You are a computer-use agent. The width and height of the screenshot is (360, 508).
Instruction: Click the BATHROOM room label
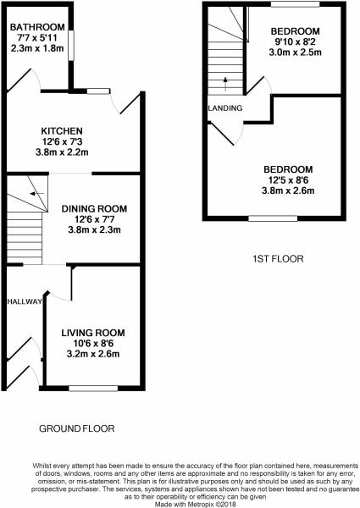coord(37,27)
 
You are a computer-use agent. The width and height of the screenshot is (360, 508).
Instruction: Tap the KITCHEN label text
coord(62,131)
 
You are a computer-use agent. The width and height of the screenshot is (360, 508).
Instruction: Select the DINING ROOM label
coord(94,208)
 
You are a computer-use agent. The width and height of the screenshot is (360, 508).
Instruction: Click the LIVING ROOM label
coord(93,333)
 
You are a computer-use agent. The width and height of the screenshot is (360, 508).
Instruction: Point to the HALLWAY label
coord(25,301)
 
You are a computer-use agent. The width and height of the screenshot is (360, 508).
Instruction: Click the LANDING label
coord(225,108)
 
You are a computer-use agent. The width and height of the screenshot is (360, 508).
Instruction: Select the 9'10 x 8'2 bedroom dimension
coord(295,41)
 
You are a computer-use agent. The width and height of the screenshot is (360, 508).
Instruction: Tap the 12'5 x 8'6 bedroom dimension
coord(288,179)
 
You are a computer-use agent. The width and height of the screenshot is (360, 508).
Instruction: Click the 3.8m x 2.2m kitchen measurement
coord(62,152)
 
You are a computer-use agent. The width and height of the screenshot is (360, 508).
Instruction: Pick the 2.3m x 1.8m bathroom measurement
coord(37,48)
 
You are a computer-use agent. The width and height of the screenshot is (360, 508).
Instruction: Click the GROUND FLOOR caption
coord(77,428)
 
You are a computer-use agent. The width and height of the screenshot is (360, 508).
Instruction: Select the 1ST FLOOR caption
coord(278,258)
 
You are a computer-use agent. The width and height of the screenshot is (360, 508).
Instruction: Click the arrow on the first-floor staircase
coord(225,84)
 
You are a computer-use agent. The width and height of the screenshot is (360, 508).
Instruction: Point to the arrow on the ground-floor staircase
coord(37,194)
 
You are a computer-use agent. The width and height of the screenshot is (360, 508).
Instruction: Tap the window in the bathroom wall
coord(70,46)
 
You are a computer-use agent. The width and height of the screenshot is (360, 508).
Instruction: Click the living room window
coord(93,388)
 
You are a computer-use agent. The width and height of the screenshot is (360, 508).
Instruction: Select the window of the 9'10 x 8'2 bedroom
coord(295,4)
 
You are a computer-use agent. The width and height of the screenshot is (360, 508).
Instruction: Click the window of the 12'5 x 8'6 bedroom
coord(273,218)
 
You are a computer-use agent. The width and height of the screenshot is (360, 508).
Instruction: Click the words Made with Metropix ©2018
coord(196,505)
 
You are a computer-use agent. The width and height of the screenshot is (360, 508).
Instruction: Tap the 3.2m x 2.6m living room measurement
coord(93,354)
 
